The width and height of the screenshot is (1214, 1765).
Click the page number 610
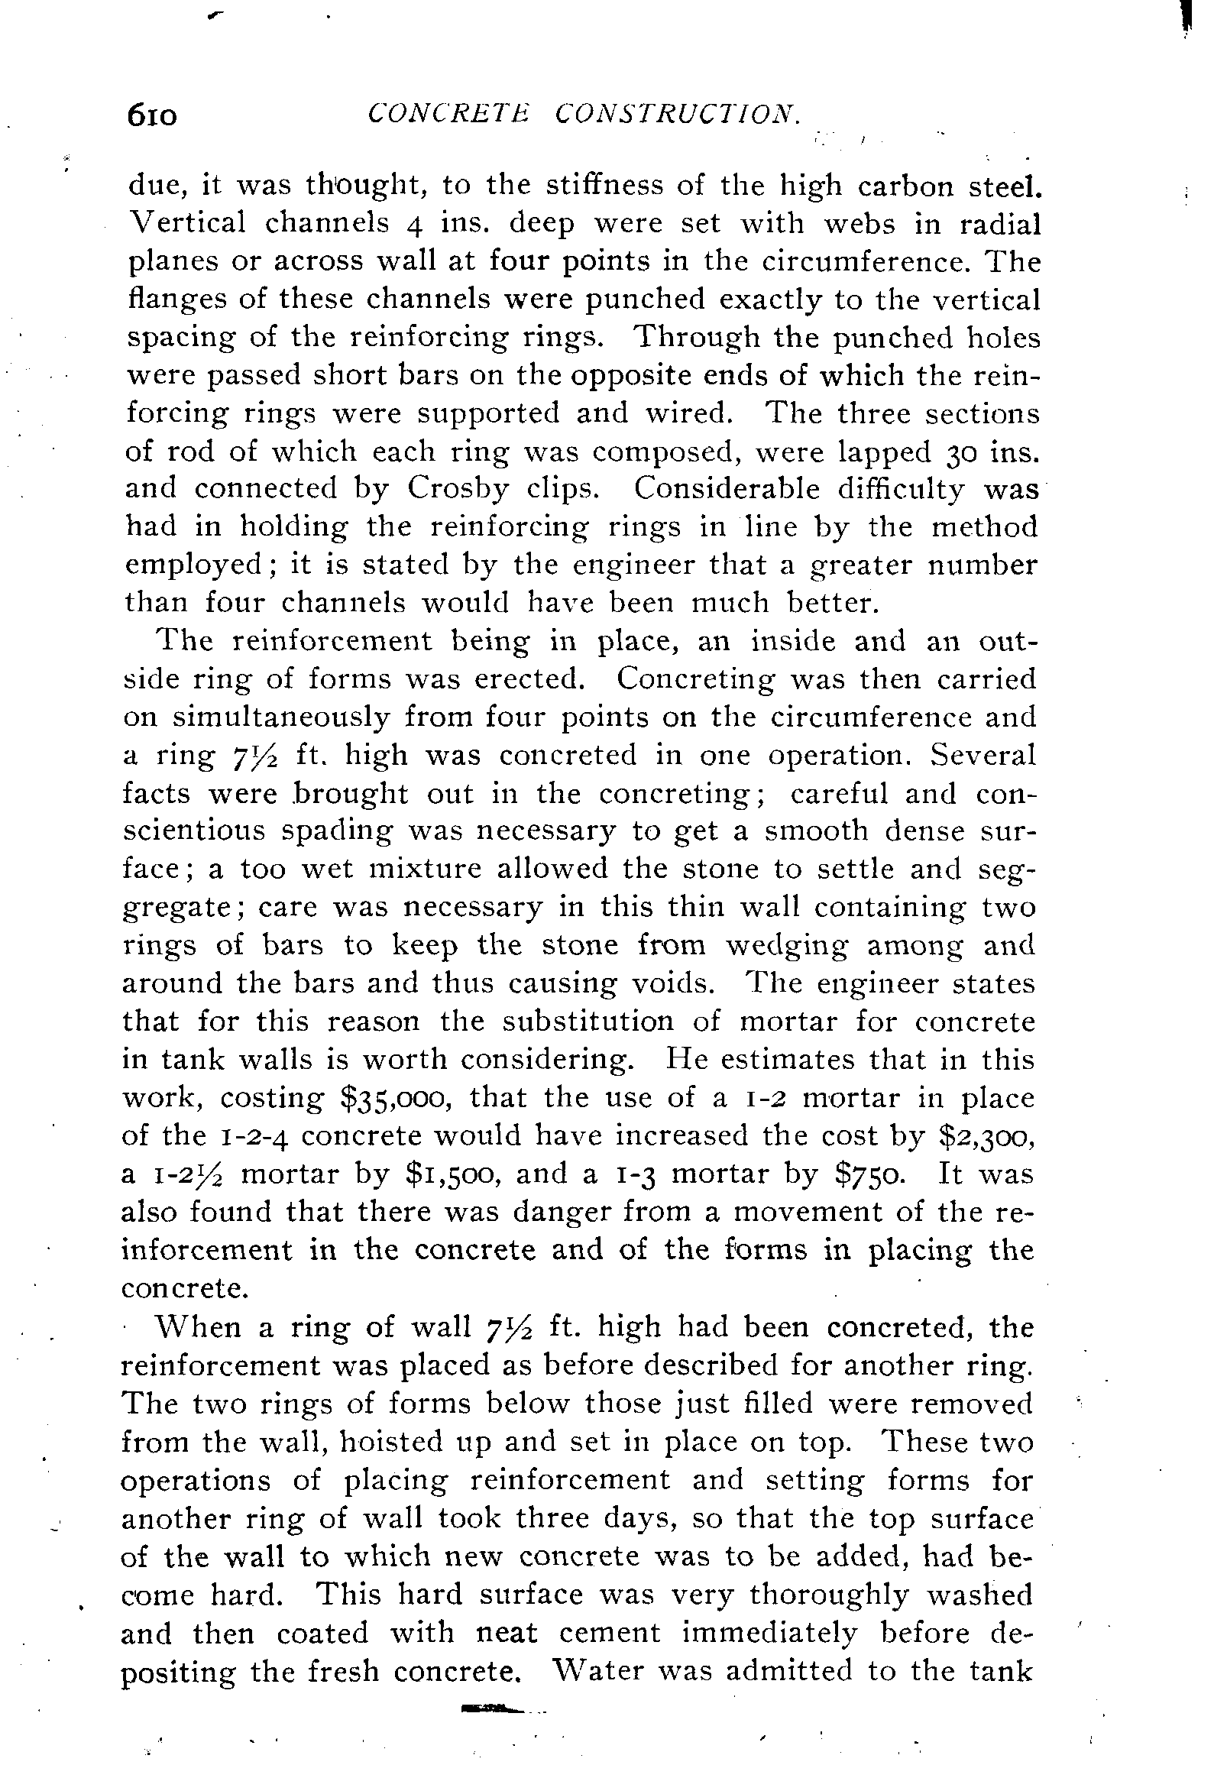pyautogui.click(x=153, y=116)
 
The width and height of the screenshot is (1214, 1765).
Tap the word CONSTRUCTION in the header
pyautogui.click(x=676, y=114)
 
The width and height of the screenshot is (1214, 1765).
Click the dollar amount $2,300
pyautogui.click(x=985, y=1137)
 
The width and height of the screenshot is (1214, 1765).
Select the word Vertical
pyautogui.click(x=186, y=224)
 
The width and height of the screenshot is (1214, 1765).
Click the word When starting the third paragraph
pyautogui.click(x=199, y=1329)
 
